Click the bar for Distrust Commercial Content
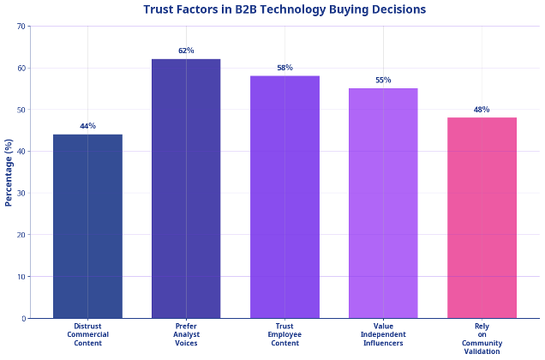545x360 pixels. tap(87, 226)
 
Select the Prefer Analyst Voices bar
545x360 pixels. tap(186, 189)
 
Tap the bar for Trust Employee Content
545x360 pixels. tap(284, 197)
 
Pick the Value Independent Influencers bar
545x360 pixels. tap(383, 203)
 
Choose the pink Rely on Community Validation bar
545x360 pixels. tap(482, 218)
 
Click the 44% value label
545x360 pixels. tap(87, 126)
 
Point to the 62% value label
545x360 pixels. tap(186, 51)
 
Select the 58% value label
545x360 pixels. tap(284, 68)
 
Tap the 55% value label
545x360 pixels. tap(383, 80)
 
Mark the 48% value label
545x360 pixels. tap(482, 110)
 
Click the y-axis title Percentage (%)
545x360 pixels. tap(9, 172)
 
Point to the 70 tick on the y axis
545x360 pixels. tap(21, 27)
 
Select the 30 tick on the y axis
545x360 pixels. tap(21, 193)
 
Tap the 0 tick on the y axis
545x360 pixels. tap(24, 318)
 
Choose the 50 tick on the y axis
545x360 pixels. tap(21, 110)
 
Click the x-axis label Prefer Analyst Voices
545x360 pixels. tap(186, 334)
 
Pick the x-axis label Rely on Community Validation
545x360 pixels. tap(482, 339)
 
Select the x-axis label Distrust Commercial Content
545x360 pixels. tap(87, 334)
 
